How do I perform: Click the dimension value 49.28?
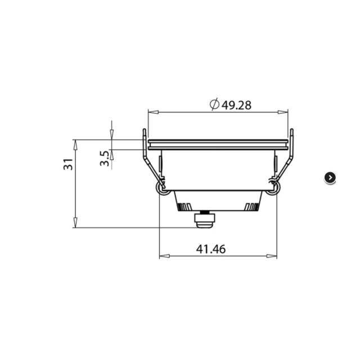coord(236,105)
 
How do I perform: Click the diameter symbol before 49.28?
coord(214,105)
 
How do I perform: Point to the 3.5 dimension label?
coord(104,159)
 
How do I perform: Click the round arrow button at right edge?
coord(330,178)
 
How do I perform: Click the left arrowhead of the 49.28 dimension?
coord(151,112)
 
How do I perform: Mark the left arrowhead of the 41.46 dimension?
coord(163,256)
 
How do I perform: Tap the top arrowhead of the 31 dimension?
coord(75,143)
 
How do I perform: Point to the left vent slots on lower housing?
coord(184,206)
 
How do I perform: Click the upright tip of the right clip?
coord(292,133)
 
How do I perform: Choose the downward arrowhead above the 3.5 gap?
coord(112,136)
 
